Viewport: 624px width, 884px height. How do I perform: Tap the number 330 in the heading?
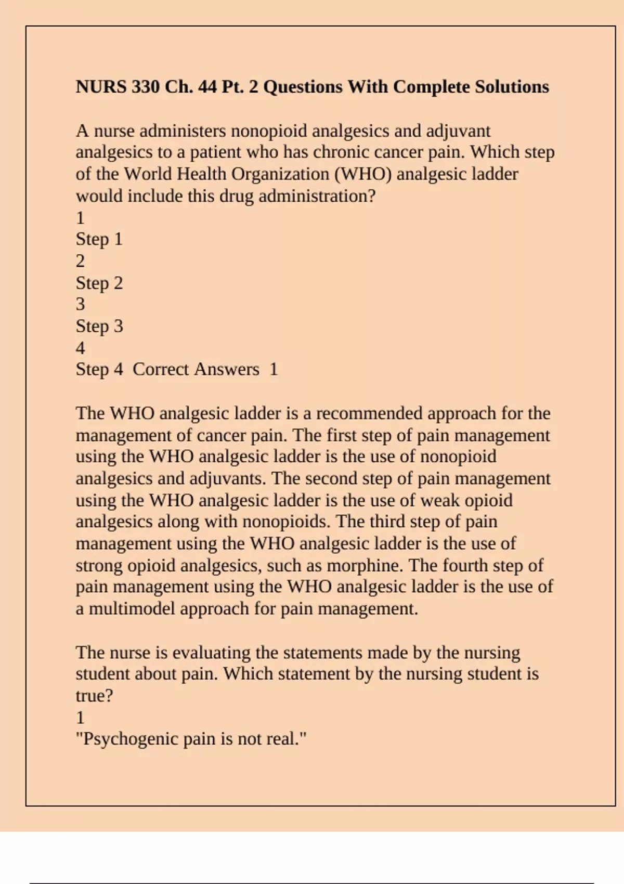[146, 86]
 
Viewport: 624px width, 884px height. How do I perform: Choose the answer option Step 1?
[99, 239]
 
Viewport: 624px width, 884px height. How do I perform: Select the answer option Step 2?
[99, 283]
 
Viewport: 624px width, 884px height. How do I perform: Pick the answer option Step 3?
[99, 326]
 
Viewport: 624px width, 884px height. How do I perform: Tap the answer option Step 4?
[99, 369]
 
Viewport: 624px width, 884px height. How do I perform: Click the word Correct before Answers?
[161, 369]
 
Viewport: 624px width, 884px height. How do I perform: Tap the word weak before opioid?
[440, 500]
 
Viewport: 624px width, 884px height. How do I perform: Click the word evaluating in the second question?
[211, 653]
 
